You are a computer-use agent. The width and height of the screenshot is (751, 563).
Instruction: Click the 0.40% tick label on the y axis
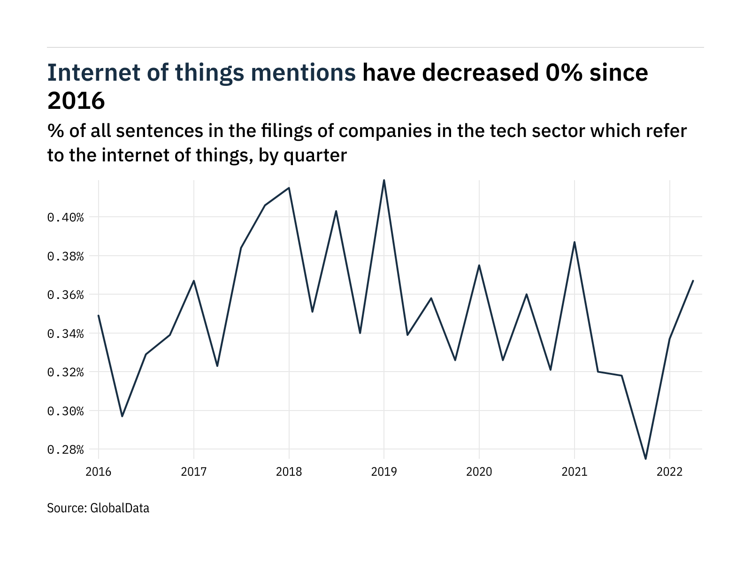point(65,217)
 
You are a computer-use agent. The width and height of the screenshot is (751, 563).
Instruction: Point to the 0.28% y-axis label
point(65,450)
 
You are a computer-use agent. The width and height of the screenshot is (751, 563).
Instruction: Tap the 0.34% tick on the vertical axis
point(65,334)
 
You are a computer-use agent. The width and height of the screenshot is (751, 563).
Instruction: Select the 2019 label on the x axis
point(384,472)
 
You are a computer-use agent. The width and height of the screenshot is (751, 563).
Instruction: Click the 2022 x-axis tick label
point(669,472)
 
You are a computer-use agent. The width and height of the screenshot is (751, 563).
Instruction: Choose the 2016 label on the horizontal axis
point(99,472)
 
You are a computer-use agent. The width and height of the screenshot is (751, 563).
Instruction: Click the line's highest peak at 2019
point(384,180)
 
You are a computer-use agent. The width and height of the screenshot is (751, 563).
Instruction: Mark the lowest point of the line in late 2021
point(645,458)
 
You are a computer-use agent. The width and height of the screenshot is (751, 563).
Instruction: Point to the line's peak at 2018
point(289,188)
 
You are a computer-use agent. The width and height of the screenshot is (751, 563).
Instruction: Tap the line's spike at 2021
point(574,242)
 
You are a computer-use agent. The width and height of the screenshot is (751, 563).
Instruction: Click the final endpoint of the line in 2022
point(693,281)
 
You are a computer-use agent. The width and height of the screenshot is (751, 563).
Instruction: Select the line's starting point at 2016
point(99,315)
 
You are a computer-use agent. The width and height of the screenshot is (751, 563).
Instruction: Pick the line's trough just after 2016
point(122,416)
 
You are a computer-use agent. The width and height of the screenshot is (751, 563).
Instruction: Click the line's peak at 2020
point(479,265)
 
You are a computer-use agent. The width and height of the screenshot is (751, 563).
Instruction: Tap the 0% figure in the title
point(563,73)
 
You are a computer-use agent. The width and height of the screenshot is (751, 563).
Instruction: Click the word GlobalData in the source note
point(119,508)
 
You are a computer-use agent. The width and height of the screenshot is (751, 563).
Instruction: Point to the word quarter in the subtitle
point(315,155)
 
